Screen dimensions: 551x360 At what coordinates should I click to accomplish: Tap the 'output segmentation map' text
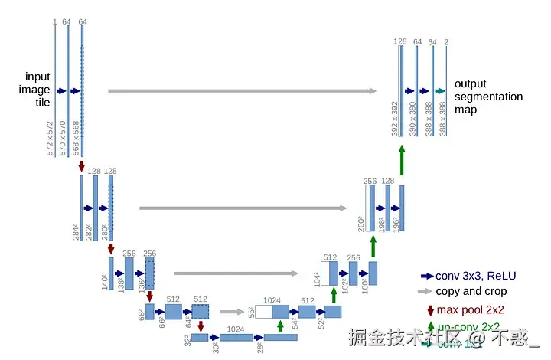[x=488, y=97]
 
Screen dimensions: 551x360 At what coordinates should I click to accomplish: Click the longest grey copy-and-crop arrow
[x=242, y=91]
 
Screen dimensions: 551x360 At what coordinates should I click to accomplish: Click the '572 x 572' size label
[x=51, y=139]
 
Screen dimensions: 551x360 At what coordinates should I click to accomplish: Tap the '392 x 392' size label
[x=396, y=119]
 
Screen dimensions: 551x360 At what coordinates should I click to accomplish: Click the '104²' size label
[x=316, y=280]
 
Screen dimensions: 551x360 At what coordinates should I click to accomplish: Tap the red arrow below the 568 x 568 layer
[x=82, y=165]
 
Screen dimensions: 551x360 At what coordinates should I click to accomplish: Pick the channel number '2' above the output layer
[x=446, y=42]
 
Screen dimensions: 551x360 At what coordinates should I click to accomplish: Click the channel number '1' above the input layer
[x=54, y=21]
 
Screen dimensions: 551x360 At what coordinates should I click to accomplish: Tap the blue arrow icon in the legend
[x=426, y=276]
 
